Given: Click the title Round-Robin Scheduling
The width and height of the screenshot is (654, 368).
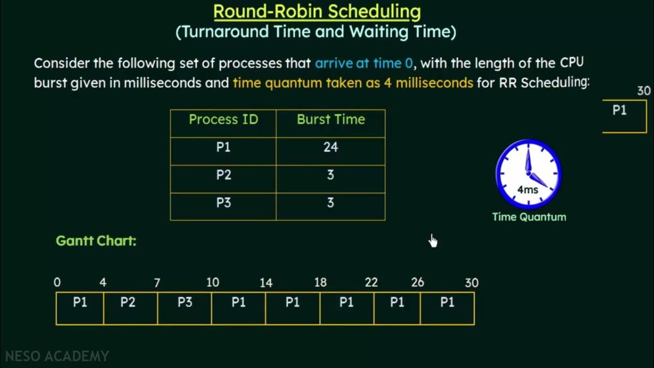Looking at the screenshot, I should click(x=317, y=11).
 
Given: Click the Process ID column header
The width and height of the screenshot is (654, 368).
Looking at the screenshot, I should click(x=223, y=120).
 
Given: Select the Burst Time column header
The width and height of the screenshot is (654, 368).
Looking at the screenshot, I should click(x=331, y=120).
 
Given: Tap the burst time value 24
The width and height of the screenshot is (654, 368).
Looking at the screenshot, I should click(x=331, y=147).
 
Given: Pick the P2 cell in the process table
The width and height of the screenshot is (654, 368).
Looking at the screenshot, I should click(x=223, y=175).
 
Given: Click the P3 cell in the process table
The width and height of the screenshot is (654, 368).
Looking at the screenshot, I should click(x=223, y=202).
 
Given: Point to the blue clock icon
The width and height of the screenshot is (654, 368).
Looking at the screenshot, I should click(x=528, y=174).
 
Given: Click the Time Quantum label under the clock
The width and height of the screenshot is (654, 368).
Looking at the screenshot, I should click(x=529, y=217).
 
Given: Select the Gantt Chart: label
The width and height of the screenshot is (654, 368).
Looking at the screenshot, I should click(x=96, y=241).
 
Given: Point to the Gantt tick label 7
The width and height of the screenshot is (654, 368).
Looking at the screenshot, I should click(x=157, y=283).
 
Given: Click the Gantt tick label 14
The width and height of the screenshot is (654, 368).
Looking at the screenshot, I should click(x=266, y=283).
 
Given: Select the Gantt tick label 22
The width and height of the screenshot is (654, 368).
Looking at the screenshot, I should click(x=371, y=283).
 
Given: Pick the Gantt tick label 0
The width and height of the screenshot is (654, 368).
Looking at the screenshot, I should click(x=57, y=283).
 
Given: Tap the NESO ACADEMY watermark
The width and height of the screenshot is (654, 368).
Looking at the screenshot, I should click(x=57, y=356).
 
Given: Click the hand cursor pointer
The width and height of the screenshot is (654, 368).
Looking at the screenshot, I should click(x=433, y=241).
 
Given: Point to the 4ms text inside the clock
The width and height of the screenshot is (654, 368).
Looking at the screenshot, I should click(x=528, y=190).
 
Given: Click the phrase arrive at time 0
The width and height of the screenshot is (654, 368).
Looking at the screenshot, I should click(x=364, y=63).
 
